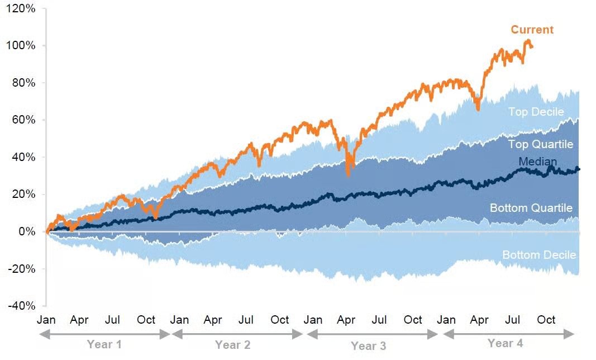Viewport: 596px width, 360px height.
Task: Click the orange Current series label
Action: pos(532,30)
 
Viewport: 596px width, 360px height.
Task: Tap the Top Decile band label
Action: pos(536,111)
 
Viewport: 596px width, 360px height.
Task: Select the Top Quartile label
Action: pos(541,144)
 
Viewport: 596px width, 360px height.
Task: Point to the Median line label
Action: pos(537,162)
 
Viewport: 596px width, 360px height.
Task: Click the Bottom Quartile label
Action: pos(531,208)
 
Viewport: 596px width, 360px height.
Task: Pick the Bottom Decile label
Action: pos(539,254)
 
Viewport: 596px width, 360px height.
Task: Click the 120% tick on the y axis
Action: pos(21,8)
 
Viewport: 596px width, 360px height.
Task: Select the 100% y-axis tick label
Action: pos(21,45)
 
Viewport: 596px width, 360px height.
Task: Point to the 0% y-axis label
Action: pos(27,231)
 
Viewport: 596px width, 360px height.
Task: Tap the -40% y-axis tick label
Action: pos(22,306)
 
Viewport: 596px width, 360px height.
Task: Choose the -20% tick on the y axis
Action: pos(22,269)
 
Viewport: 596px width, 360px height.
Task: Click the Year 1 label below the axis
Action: pos(104,344)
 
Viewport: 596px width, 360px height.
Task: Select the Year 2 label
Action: pos(232,345)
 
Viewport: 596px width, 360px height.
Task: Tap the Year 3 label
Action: pos(368,346)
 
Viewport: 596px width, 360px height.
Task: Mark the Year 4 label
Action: pos(506,343)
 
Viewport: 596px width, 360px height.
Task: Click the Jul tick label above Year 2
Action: pos(246,320)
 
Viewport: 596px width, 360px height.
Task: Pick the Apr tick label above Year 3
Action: pos(346,320)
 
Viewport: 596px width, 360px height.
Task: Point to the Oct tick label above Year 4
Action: pos(546,320)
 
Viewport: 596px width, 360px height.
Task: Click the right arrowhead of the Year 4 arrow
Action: pos(569,334)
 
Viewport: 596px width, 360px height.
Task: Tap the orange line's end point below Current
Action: pos(531,47)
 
